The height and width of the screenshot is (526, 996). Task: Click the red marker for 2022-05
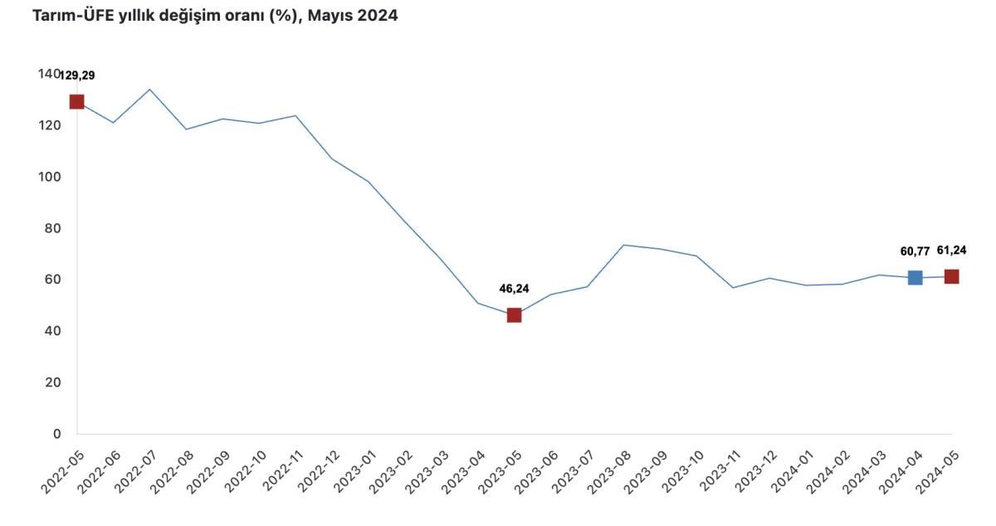tap(76, 102)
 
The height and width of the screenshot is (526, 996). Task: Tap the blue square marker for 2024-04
tap(915, 278)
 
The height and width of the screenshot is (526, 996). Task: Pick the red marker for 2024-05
tap(951, 276)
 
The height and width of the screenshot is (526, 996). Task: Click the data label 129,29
tap(77, 75)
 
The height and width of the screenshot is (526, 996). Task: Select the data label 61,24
tap(951, 250)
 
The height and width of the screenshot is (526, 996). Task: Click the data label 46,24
tap(514, 289)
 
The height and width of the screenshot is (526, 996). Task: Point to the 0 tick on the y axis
tap(57, 434)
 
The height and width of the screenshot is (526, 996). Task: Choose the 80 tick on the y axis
tap(52, 228)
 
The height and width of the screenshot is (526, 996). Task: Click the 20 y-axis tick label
tap(52, 382)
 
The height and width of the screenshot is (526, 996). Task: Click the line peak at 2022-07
tap(149, 89)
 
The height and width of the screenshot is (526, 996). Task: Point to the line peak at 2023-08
tap(623, 245)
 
